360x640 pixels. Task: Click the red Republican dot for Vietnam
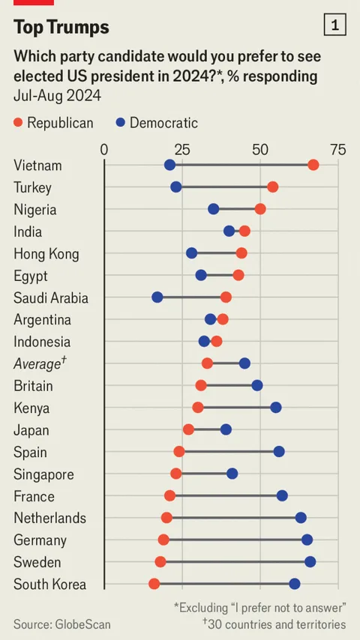pyautogui.click(x=313, y=166)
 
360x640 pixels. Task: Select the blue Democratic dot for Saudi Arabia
pyautogui.click(x=157, y=297)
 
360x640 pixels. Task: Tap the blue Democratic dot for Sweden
pyautogui.click(x=310, y=562)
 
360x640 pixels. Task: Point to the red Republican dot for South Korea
pyautogui.click(x=154, y=584)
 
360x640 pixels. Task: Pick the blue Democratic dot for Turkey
pyautogui.click(x=176, y=187)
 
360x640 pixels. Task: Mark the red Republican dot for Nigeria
pyautogui.click(x=260, y=209)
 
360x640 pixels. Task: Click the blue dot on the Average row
pyautogui.click(x=244, y=363)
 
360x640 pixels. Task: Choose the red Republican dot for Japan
pyautogui.click(x=188, y=429)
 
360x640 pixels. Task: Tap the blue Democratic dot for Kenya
pyautogui.click(x=276, y=408)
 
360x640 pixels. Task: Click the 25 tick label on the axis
pyautogui.click(x=182, y=150)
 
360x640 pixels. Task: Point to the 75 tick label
pyautogui.click(x=338, y=150)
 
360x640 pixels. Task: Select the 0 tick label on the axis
pyautogui.click(x=104, y=150)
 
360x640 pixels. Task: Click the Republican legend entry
pyautogui.click(x=53, y=122)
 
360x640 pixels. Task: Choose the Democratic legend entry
pyautogui.click(x=157, y=122)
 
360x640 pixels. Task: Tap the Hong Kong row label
pyautogui.click(x=46, y=254)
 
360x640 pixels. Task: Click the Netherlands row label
pyautogui.click(x=49, y=518)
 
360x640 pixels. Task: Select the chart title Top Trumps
pyautogui.click(x=61, y=28)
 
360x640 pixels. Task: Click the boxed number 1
pyautogui.click(x=334, y=25)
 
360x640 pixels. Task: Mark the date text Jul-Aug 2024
pyautogui.click(x=57, y=96)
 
